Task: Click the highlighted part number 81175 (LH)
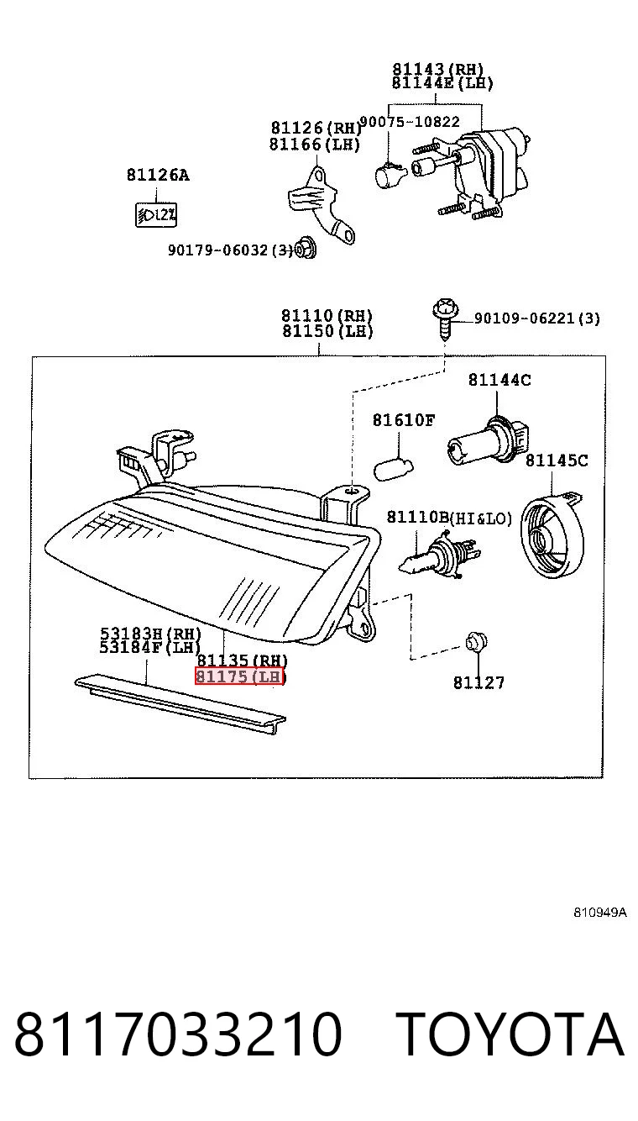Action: coord(239,676)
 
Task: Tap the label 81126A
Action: coord(158,175)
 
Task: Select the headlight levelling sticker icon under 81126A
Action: coord(156,215)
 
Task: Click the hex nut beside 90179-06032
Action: coord(305,249)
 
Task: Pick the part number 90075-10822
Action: coord(410,122)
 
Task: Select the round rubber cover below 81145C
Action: coord(552,535)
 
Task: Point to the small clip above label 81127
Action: coord(477,642)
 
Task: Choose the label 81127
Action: coord(479,682)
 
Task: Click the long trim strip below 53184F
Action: coord(180,703)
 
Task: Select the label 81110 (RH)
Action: coord(327,316)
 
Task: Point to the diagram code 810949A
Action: coord(599,912)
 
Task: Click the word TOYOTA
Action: coord(511,1034)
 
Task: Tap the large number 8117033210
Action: coord(178,1034)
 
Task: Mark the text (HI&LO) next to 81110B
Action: coord(481,518)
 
